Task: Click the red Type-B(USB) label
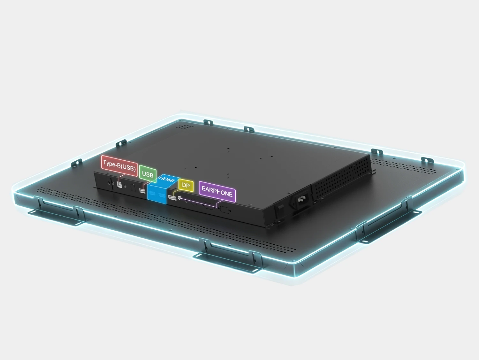[x=119, y=166]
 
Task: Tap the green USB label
[x=148, y=174]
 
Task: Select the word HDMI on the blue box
[x=167, y=179]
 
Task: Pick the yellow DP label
[x=186, y=185]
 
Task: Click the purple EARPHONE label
[x=217, y=191]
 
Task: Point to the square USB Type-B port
[x=119, y=185]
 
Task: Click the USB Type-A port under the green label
[x=142, y=191]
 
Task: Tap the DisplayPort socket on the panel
[x=172, y=198]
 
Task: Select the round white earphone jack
[x=179, y=198]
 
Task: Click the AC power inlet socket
[x=301, y=200]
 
